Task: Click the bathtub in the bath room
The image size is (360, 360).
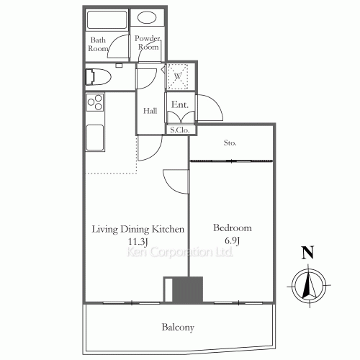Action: (106, 19)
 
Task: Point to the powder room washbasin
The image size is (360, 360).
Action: (147, 19)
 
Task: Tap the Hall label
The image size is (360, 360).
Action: (150, 111)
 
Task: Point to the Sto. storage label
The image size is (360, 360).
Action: (230, 143)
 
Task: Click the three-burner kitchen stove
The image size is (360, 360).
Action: (95, 104)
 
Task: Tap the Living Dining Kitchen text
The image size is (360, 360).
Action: (138, 229)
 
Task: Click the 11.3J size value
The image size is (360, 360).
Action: (137, 241)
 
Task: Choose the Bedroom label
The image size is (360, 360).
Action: (233, 228)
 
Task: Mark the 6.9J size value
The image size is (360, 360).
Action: (233, 241)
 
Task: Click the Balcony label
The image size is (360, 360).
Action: (177, 328)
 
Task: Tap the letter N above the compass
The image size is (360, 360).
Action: (307, 252)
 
